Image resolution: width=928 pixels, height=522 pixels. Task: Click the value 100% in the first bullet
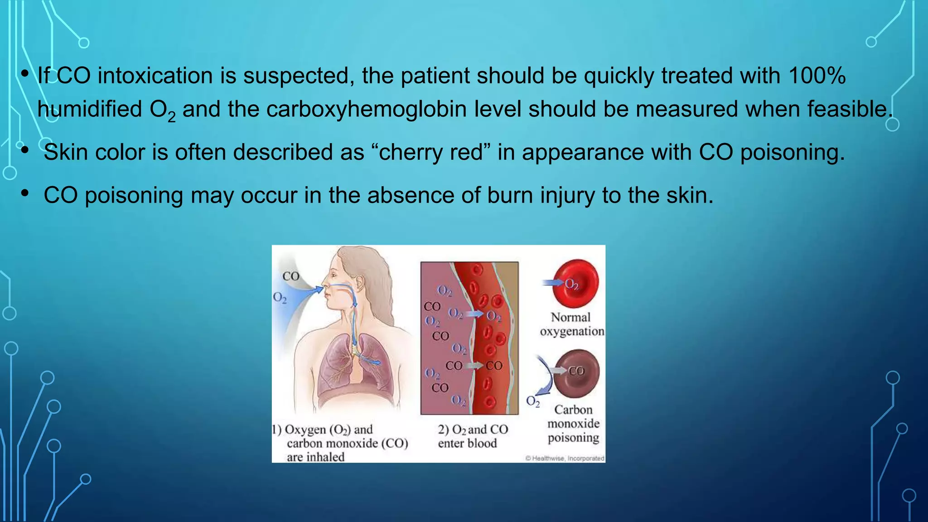(817, 75)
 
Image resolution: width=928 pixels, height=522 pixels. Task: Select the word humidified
(90, 109)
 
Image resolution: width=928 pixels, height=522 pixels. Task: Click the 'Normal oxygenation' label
(571, 324)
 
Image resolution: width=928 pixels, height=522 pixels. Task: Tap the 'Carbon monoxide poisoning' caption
(573, 424)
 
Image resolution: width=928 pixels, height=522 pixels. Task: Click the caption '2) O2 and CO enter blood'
(472, 436)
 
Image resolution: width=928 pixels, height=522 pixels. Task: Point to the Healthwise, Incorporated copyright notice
(565, 458)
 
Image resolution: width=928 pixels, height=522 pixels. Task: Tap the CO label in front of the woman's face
(290, 276)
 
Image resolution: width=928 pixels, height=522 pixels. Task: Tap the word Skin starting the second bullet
(66, 152)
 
